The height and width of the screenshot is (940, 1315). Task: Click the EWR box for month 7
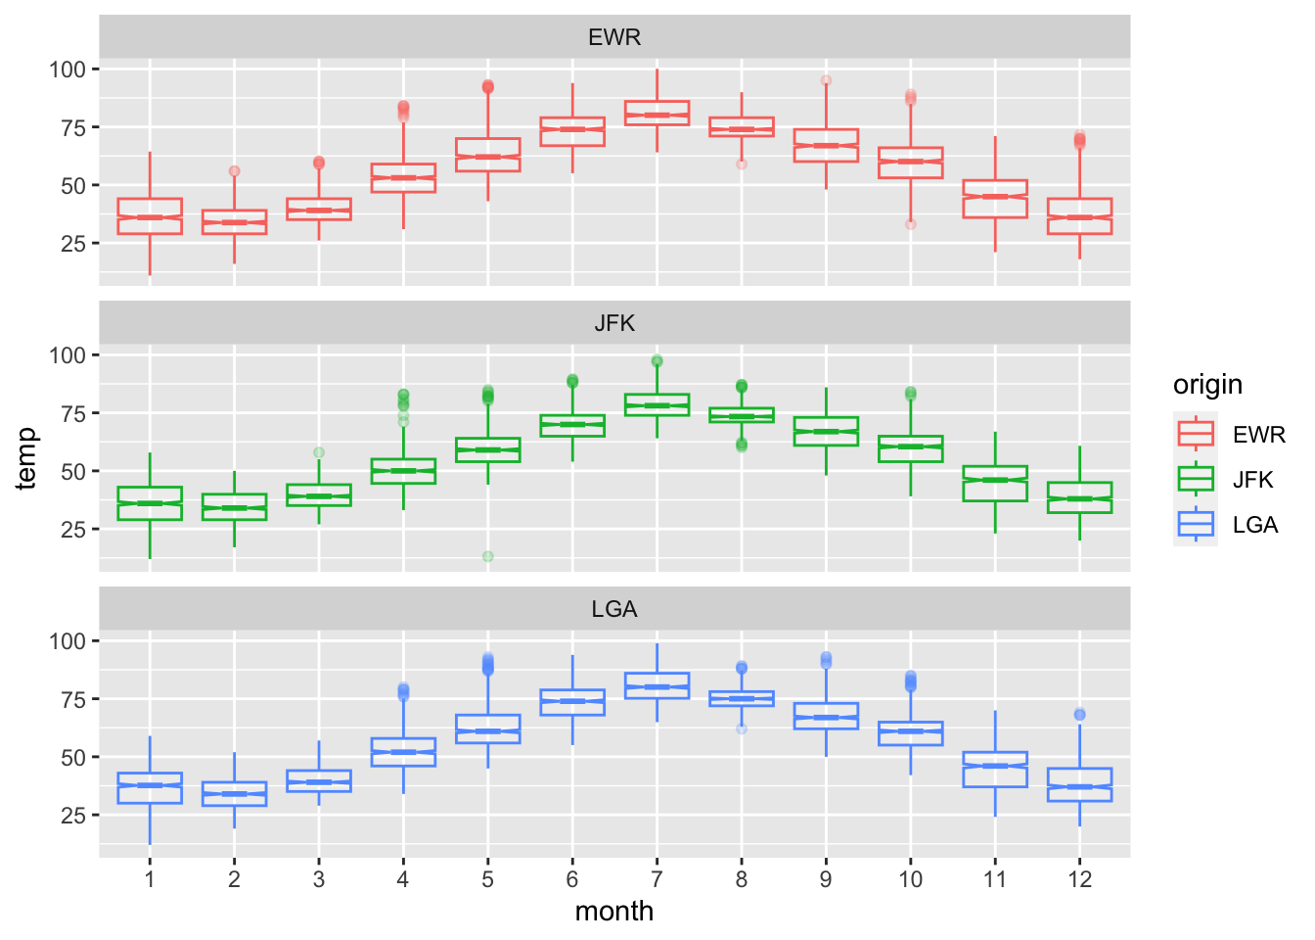tap(657, 113)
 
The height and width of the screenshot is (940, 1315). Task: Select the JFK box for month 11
tap(995, 484)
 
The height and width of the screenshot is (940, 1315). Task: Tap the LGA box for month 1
tap(150, 788)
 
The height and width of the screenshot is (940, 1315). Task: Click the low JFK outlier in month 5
tap(487, 556)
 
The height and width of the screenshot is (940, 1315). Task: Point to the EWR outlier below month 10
tap(910, 224)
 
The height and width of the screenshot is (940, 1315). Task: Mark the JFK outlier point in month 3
tap(319, 452)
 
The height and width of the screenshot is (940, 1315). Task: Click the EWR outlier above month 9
tap(826, 80)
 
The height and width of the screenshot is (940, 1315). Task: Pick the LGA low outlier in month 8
tap(742, 728)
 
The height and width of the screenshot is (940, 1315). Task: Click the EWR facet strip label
tap(614, 38)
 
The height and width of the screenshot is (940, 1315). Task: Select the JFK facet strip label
tap(614, 324)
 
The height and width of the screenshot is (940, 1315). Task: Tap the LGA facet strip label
tap(614, 610)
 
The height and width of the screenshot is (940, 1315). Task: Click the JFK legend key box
tap(1196, 479)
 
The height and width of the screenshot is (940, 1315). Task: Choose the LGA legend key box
tap(1196, 524)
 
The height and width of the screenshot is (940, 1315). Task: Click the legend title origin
tap(1207, 385)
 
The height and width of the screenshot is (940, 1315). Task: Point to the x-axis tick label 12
tap(1079, 879)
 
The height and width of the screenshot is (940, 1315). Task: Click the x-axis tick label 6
tap(572, 879)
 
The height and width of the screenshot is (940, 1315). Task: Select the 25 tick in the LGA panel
tap(73, 816)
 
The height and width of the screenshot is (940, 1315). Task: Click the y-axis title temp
tap(26, 458)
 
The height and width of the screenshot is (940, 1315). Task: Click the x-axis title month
tap(614, 912)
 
